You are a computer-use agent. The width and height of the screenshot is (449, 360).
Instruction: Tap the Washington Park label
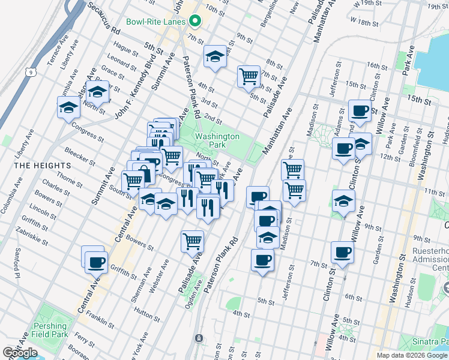[217, 141]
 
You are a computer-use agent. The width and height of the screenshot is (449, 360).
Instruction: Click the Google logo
[20, 353]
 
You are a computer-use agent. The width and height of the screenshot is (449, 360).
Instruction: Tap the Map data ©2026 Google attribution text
[412, 355]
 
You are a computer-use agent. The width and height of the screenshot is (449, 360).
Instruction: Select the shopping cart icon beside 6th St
[249, 76]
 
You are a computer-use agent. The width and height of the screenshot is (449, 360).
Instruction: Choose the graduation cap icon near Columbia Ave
[69, 108]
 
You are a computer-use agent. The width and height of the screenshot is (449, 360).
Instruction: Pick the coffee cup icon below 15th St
[360, 110]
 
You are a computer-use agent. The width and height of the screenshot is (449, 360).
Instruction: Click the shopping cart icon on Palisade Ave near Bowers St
[193, 241]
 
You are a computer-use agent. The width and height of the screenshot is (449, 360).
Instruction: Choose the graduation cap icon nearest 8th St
[215, 56]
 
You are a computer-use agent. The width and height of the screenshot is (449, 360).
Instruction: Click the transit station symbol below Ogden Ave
[198, 338]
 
